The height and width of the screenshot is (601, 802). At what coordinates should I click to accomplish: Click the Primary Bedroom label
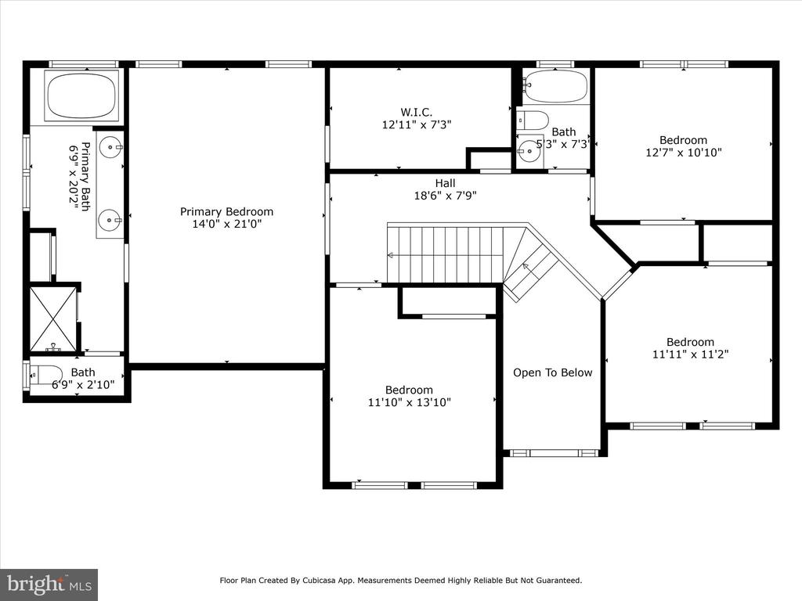tap(226, 211)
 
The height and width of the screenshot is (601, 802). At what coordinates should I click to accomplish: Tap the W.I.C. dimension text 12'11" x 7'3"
tap(417, 124)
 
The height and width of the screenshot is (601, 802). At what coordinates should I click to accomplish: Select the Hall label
tap(445, 183)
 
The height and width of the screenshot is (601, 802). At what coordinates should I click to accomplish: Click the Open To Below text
tap(552, 372)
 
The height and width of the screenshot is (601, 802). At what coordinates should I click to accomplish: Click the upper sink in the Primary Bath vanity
tap(110, 148)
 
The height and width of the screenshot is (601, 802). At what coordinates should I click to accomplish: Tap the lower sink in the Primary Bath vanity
tap(110, 221)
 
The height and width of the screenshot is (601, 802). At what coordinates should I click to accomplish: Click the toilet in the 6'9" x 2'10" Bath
tap(46, 376)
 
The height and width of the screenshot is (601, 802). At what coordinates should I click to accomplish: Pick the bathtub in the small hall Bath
tap(556, 86)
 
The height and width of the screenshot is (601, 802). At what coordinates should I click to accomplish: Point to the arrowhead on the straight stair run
tap(390, 256)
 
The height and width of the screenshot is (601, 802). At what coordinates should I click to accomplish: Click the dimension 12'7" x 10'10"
tap(683, 153)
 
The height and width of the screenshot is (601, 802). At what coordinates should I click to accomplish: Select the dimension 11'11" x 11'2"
tap(690, 354)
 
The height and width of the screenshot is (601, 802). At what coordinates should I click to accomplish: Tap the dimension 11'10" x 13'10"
tap(409, 402)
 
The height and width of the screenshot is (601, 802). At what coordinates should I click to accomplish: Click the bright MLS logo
tap(49, 584)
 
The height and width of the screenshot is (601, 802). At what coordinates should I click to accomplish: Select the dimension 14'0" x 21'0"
tap(226, 224)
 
